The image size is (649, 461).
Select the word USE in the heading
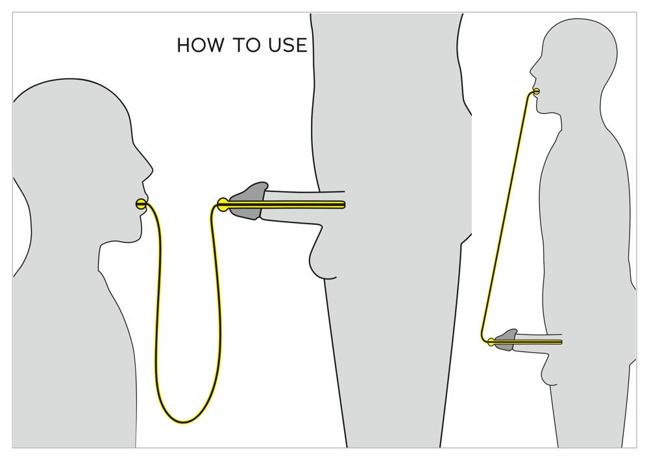(287, 45)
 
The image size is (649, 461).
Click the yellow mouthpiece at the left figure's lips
(141, 204)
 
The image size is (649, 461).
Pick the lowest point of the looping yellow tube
(184, 422)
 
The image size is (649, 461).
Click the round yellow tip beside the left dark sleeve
(222, 204)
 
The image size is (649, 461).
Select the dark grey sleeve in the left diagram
(250, 198)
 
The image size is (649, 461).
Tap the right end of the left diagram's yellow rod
(343, 205)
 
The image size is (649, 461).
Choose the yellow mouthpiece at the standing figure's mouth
(535, 92)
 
